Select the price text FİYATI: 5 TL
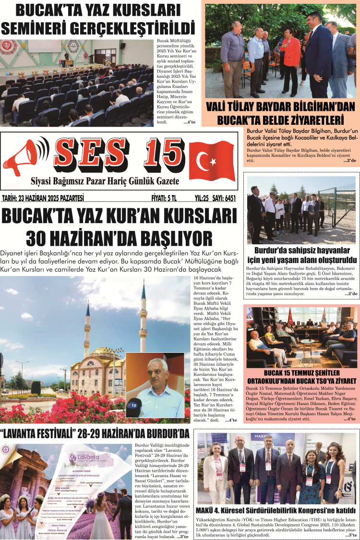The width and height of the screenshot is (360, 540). coord(164,198)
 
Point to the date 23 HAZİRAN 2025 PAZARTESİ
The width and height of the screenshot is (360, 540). coord(43,198)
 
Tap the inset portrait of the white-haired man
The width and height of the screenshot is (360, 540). coord(155,384)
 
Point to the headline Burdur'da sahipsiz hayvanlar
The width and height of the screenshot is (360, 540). coord(301,251)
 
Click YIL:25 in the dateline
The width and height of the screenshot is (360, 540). coord(196,198)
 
